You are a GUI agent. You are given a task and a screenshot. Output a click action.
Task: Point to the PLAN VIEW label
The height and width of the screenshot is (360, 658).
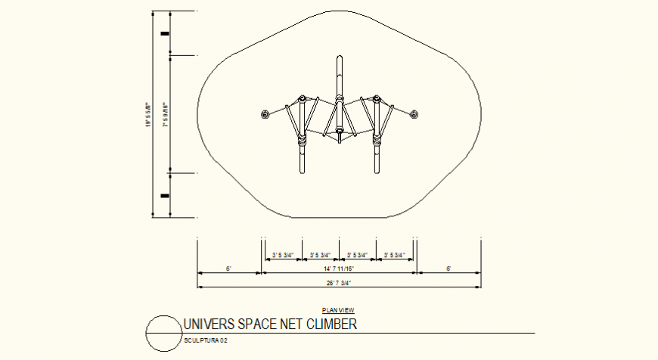[x=337, y=310]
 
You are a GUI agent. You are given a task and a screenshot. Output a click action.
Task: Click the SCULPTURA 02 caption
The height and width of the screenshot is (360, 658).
[x=206, y=341]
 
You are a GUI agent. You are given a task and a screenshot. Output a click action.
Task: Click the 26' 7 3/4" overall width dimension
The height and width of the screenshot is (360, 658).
[x=339, y=282]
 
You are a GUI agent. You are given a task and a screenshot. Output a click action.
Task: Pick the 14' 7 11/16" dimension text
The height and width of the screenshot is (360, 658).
[x=339, y=268]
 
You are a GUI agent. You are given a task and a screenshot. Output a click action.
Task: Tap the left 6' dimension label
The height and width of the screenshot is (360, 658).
[x=228, y=268]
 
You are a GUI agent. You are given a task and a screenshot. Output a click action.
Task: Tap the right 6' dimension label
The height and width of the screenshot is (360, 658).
[x=448, y=268]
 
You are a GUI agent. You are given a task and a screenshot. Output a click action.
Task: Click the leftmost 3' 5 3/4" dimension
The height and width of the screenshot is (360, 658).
[x=283, y=255]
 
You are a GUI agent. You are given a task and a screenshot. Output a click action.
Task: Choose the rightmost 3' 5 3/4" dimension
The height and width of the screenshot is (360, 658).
[x=395, y=255]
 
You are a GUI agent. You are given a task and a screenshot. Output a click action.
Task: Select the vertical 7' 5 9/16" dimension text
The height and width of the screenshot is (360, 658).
[x=166, y=113]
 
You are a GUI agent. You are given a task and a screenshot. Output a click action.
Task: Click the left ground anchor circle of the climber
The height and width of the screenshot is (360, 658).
[x=265, y=115]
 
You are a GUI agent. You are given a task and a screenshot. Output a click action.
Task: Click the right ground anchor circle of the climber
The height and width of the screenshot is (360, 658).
[x=414, y=115]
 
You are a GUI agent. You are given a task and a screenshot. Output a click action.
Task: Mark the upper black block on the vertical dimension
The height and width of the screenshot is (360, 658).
[x=164, y=33]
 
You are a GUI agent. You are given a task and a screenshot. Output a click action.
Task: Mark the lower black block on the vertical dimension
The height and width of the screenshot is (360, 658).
[x=164, y=196]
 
